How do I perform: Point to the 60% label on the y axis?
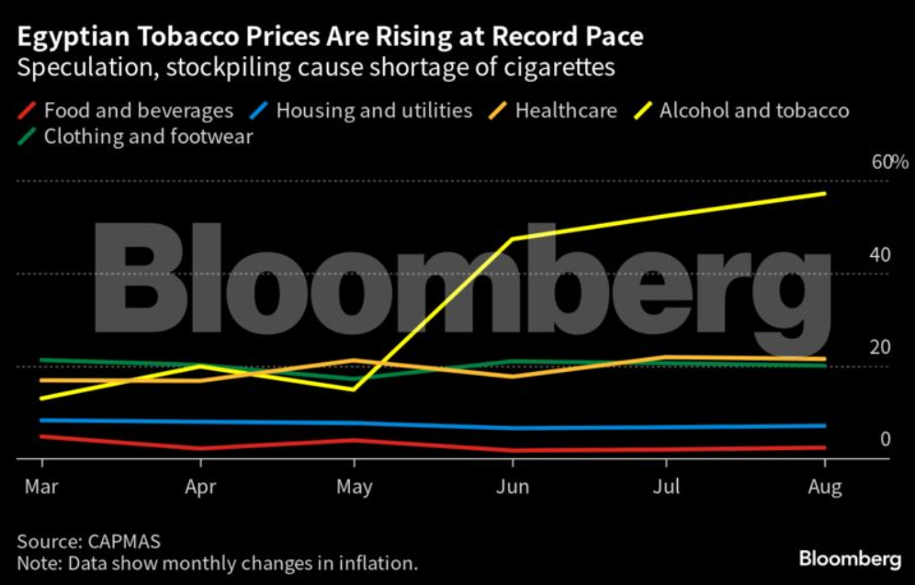click(x=889, y=163)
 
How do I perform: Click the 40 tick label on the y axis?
click(x=880, y=254)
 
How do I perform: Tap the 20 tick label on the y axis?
click(x=880, y=347)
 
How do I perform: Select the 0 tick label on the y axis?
click(x=886, y=439)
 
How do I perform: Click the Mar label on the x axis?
click(x=41, y=487)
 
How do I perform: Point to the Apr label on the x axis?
click(x=200, y=487)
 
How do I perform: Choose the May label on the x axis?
click(x=355, y=487)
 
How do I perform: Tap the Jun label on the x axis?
click(x=512, y=487)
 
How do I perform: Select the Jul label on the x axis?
click(x=667, y=487)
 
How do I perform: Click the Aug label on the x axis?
click(x=824, y=487)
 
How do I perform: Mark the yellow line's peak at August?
click(x=825, y=193)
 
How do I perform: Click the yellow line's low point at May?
click(x=355, y=388)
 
